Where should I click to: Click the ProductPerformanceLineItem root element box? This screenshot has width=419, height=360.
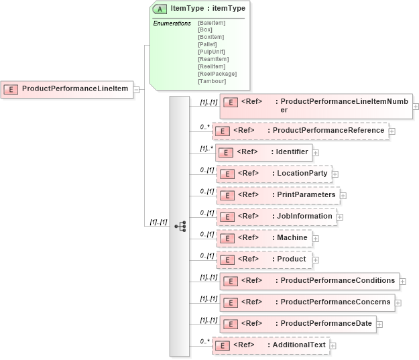point(67,88)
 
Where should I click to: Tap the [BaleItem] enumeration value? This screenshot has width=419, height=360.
point(212,23)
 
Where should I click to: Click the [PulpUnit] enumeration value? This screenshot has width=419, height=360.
point(212,52)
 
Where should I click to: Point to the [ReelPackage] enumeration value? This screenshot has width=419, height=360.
point(217,74)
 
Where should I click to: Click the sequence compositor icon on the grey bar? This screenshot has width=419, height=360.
point(180,227)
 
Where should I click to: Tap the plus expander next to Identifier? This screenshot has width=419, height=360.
point(315,153)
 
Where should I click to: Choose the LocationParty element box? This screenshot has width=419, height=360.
point(275,174)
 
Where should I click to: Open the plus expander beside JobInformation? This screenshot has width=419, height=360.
point(340,217)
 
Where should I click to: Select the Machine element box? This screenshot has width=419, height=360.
point(265,238)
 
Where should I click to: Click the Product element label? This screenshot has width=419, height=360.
point(292,259)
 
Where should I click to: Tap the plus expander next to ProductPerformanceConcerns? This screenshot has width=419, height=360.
point(398,302)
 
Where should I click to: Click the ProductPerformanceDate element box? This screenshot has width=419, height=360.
point(298,324)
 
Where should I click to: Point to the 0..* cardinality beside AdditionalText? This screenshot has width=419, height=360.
point(204,341)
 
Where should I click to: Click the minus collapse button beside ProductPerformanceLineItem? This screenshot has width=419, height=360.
point(136,88)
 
